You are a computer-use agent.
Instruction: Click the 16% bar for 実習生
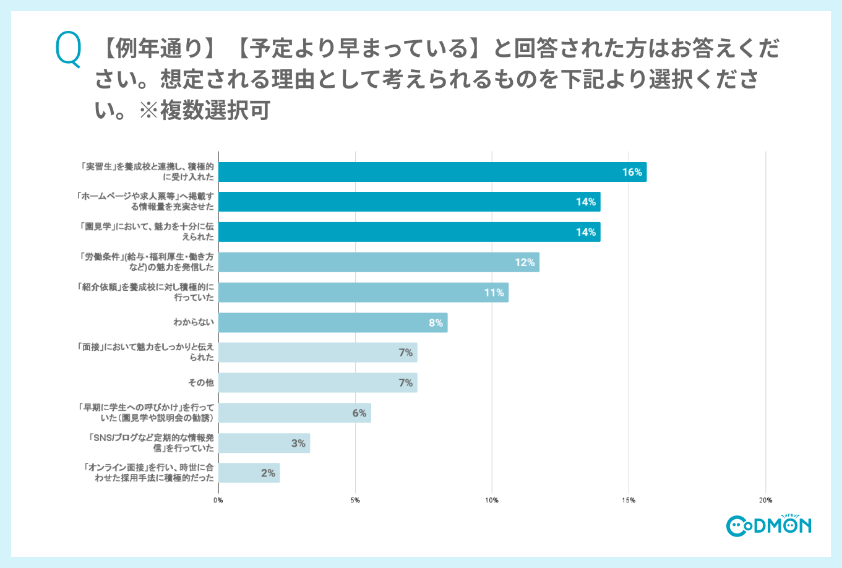click(432, 172)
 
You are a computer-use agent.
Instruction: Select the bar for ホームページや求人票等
click(409, 202)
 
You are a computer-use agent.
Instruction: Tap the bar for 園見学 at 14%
click(409, 232)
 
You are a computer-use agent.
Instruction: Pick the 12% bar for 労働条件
click(379, 262)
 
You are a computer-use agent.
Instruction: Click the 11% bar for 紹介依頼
click(363, 293)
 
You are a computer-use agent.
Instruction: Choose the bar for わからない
click(333, 322)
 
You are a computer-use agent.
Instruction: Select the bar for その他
click(317, 383)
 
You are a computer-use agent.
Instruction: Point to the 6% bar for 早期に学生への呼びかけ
click(294, 413)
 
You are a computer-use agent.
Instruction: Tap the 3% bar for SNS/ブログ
click(264, 443)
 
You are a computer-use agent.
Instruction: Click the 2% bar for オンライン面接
click(249, 473)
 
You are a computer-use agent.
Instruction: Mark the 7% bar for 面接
click(317, 353)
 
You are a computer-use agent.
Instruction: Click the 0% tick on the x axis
click(218, 500)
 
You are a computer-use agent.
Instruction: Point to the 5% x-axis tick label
click(355, 500)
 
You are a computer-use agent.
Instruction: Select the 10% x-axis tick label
click(492, 500)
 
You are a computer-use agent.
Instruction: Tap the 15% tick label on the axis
click(629, 500)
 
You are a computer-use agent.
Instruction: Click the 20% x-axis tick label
click(765, 500)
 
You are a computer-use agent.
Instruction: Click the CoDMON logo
click(768, 525)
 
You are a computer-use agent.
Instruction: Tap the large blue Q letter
click(68, 50)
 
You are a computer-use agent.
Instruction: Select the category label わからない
click(194, 322)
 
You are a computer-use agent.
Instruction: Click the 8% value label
click(436, 323)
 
